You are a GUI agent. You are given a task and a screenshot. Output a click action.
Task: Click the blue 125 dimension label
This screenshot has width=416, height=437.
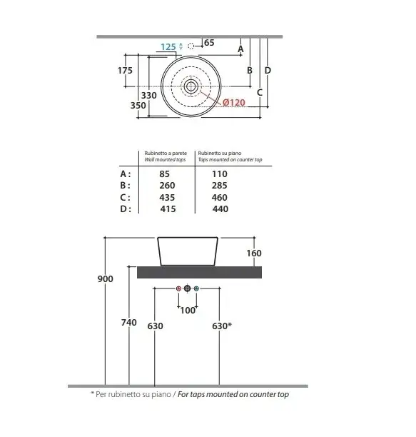(x=168, y=47)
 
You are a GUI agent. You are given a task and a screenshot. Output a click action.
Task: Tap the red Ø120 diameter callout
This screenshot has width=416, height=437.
(x=234, y=103)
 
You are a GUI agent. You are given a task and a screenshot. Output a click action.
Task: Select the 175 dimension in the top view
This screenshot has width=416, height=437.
(x=125, y=70)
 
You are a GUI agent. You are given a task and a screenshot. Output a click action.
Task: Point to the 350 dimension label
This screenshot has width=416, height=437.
(x=138, y=106)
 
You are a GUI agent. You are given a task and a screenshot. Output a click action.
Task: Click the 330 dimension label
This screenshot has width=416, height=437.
(x=148, y=95)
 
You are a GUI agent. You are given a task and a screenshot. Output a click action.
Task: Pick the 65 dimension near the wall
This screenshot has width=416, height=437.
(x=209, y=43)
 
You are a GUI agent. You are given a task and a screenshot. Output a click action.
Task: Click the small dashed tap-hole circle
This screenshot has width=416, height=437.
(x=191, y=46)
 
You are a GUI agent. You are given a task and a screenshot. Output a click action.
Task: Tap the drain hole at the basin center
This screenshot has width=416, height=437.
(x=191, y=86)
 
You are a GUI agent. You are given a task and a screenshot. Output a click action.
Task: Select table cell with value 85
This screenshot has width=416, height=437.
(x=164, y=174)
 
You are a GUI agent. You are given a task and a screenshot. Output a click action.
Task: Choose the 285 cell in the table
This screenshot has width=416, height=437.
(x=219, y=186)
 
